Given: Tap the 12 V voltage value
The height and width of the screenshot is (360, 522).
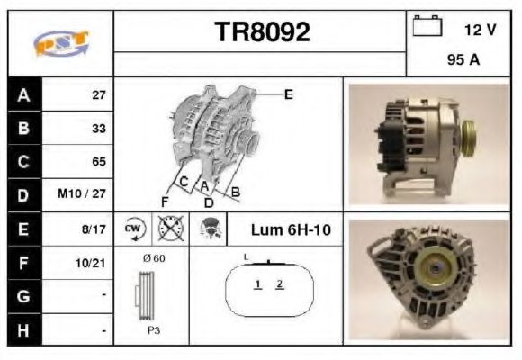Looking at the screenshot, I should click(x=480, y=30).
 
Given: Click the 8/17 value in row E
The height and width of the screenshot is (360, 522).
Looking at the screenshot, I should click(x=95, y=229).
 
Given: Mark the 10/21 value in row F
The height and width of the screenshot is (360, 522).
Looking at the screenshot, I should click(x=94, y=263).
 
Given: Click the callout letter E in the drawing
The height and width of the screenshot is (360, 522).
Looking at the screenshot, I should click(x=288, y=94).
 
